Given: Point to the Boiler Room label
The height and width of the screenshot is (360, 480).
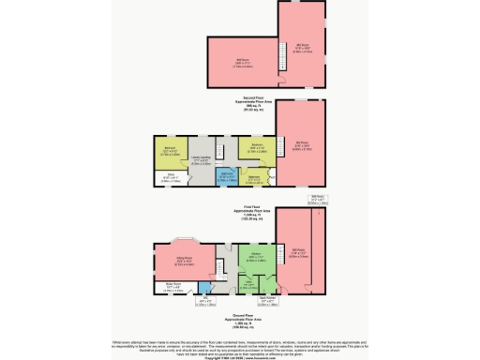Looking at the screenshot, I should (172, 288).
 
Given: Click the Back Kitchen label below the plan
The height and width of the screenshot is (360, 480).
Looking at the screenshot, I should (267, 301).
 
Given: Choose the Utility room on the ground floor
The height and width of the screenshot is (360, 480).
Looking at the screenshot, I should (247, 281).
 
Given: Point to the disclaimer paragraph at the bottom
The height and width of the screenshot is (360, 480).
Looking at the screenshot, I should (240, 341).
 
